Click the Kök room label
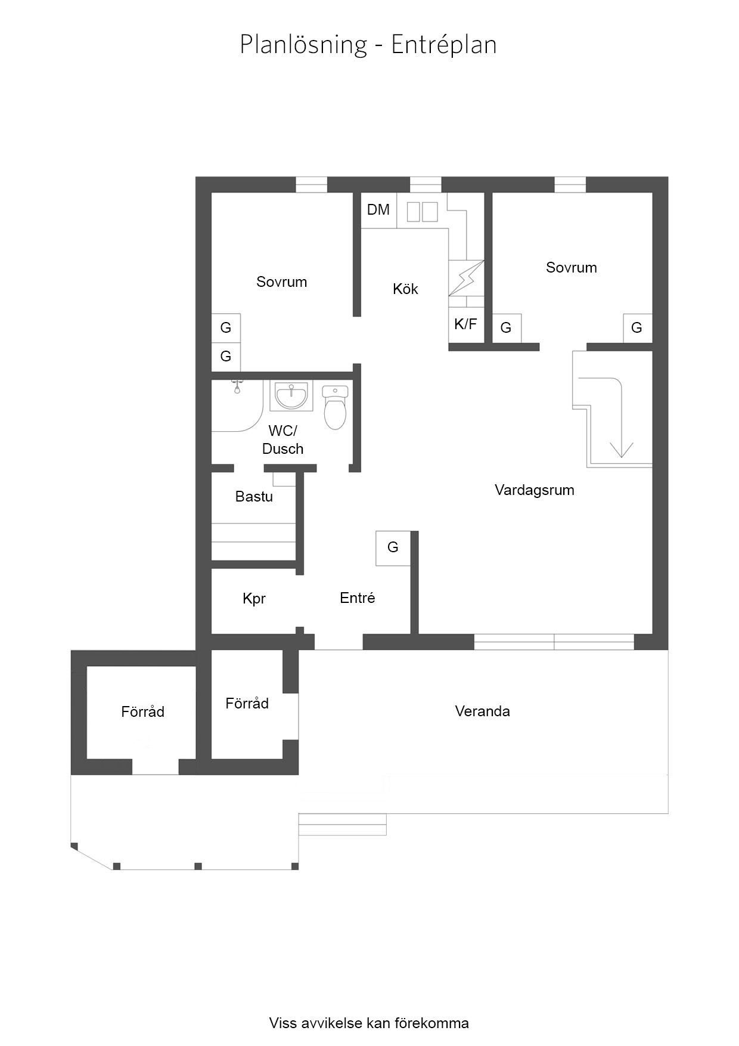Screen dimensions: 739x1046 (x=405, y=289)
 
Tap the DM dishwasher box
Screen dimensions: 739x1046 (x=379, y=210)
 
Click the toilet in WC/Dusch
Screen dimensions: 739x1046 (x=335, y=407)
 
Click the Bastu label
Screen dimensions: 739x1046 (x=254, y=497)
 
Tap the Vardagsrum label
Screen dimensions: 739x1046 (x=535, y=490)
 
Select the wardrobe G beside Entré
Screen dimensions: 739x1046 (x=393, y=548)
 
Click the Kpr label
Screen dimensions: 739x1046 (x=254, y=599)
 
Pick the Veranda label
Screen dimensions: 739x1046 (x=482, y=711)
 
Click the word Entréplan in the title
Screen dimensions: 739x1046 (x=444, y=45)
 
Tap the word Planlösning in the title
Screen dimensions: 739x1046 (x=303, y=45)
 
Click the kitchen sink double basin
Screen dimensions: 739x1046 (x=422, y=212)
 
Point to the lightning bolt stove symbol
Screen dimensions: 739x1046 (x=467, y=278)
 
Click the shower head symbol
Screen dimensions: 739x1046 (x=237, y=387)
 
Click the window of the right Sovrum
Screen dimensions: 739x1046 (x=570, y=185)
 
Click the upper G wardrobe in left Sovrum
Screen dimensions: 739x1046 (x=226, y=328)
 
